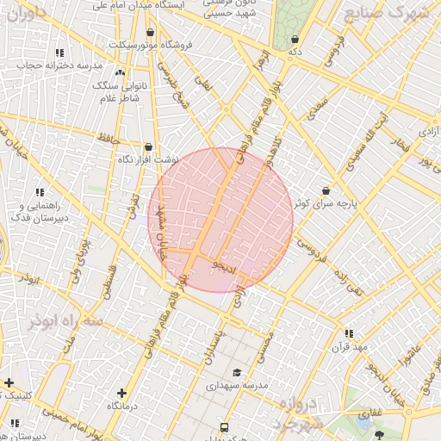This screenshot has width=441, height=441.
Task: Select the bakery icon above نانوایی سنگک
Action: [x=119, y=73]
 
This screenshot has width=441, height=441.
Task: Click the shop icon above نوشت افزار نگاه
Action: [x=149, y=147]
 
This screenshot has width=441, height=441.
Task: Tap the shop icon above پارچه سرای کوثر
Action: [x=326, y=190]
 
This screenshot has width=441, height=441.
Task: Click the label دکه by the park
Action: [x=295, y=52]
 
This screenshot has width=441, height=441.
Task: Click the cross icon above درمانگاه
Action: [x=121, y=393]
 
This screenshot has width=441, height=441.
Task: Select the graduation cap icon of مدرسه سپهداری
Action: [x=237, y=372]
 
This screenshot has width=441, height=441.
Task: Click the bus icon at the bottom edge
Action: [x=225, y=427]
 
